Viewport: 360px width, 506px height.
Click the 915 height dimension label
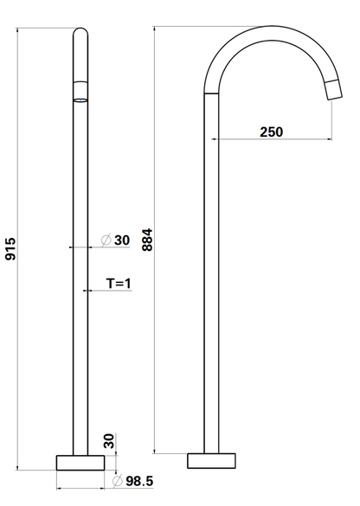point(10,248)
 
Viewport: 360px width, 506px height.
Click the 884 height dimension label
point(147,240)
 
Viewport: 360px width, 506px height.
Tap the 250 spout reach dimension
point(271,131)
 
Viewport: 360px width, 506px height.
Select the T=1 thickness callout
point(119,284)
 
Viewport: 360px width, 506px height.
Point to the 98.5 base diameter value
point(139,481)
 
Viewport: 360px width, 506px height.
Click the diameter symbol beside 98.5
point(117,481)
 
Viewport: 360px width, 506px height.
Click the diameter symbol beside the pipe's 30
point(106,240)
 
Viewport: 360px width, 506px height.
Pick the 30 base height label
point(109,441)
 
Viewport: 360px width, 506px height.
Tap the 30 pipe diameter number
point(122,240)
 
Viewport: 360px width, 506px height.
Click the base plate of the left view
point(80,463)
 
